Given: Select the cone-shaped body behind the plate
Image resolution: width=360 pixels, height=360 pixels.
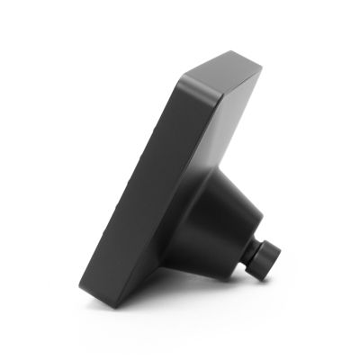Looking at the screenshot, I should pyautogui.click(x=220, y=225).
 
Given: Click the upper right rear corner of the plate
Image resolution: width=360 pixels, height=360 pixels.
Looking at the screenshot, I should pyautogui.click(x=262, y=74).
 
